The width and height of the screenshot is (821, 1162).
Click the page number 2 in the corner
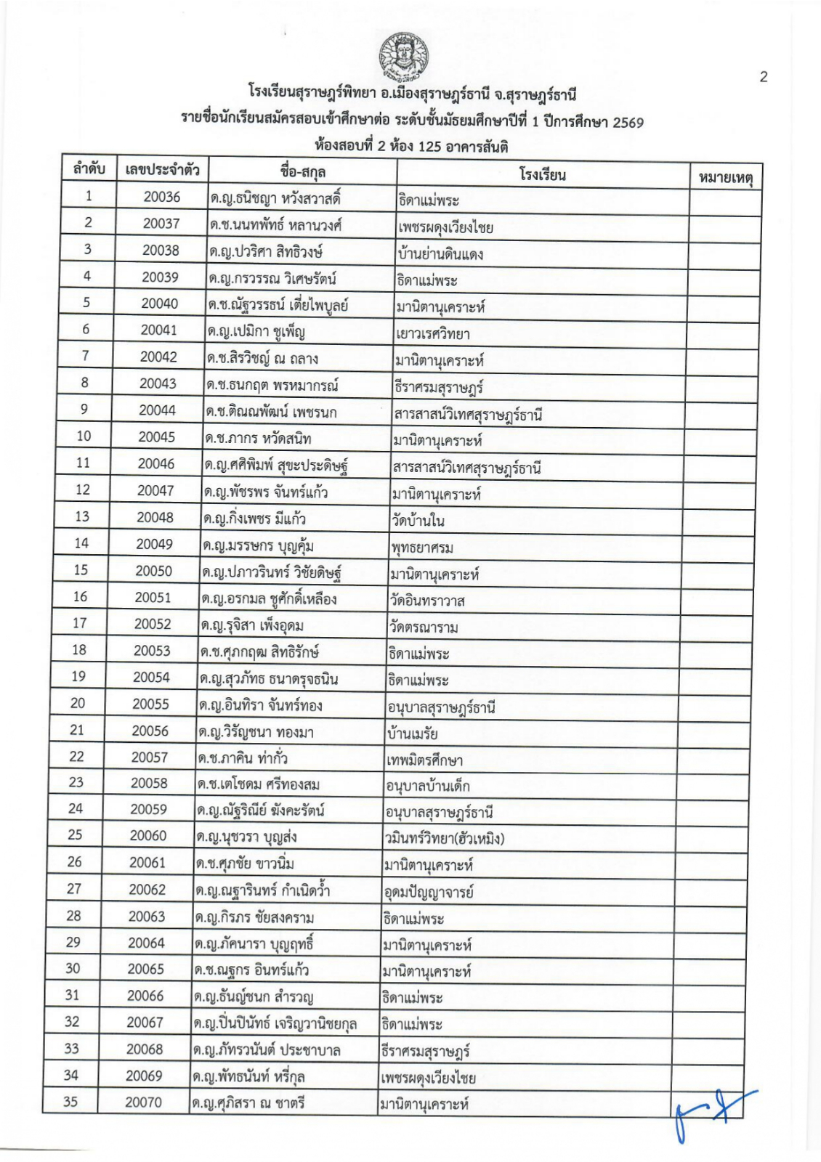tap(763, 77)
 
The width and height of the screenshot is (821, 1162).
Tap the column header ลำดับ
tap(89, 169)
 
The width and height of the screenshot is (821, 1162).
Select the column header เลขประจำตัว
tap(163, 170)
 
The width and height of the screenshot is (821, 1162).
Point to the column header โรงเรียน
tap(542, 174)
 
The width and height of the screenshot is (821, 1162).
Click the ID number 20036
tap(162, 197)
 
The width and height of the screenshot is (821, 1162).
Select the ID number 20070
tap(143, 1102)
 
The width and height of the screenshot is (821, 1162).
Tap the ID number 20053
tap(152, 651)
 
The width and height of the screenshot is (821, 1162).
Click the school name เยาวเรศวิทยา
tap(433, 333)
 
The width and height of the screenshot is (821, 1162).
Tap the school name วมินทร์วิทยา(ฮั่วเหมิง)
tap(445, 839)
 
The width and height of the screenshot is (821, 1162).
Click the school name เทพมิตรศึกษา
tap(424, 760)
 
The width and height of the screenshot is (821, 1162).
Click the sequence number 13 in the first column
tap(82, 516)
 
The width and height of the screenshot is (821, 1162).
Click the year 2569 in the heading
tap(628, 122)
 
